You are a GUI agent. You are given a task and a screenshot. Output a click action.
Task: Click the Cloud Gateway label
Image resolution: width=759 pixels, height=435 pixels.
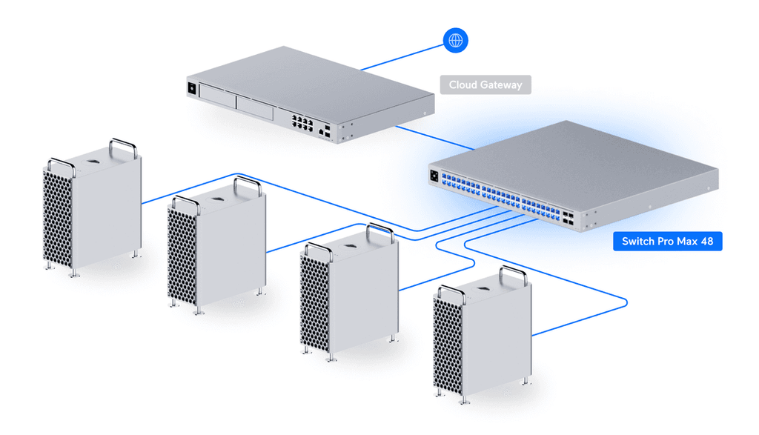point(485,84)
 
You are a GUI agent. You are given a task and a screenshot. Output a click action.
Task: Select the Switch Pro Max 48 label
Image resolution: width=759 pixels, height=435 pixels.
point(667,242)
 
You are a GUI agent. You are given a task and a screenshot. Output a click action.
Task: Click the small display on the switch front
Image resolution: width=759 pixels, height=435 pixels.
point(434,176)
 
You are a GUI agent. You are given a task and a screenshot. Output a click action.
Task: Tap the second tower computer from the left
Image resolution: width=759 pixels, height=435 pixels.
point(215,252)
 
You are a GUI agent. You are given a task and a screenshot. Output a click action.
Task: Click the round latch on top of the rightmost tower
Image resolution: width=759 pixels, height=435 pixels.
point(483,285)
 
